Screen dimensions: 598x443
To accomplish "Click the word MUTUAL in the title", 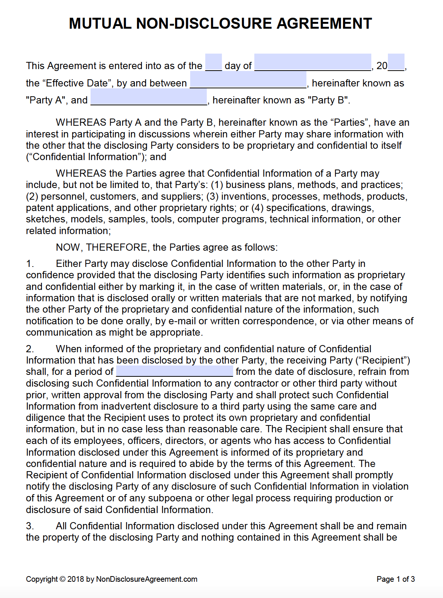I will tap(100, 23).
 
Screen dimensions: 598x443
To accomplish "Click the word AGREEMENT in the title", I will tap(325, 23).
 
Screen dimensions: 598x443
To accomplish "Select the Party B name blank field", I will tap(149, 97).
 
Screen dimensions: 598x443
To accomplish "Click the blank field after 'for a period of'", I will tap(174, 371).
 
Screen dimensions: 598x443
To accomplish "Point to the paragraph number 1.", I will tap(30, 264).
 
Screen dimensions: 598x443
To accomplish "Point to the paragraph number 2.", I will tap(30, 349).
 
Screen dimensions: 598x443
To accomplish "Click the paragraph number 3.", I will tap(30, 526).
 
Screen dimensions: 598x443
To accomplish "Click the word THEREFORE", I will tap(117, 247).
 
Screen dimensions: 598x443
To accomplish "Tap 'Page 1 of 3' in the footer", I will tap(395, 579).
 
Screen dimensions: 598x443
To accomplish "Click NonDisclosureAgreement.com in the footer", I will tap(147, 579).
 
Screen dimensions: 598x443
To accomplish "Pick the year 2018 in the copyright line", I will tap(75, 579).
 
